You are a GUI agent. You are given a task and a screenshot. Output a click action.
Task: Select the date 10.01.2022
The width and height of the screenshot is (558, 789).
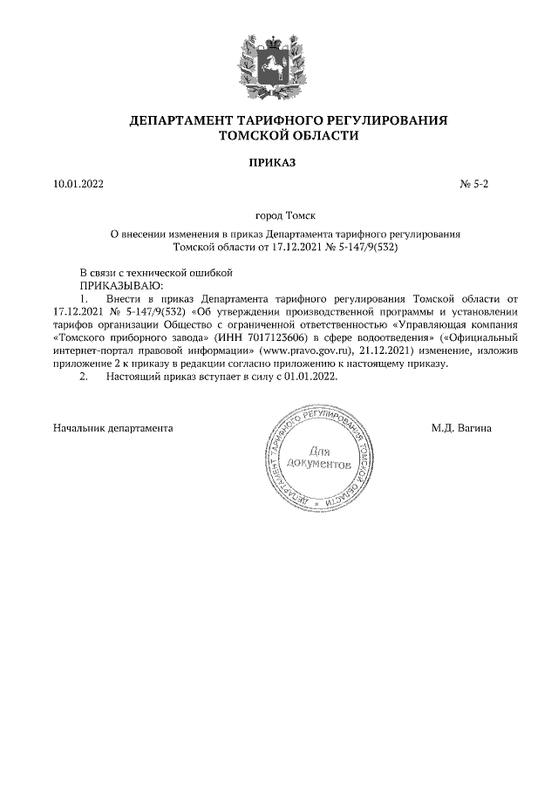[x=78, y=185]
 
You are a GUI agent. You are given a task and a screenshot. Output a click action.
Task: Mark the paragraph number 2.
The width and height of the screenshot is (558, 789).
[x=84, y=377]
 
